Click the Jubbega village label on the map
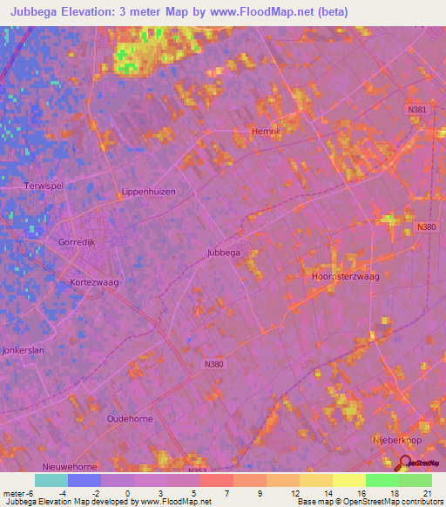[223, 253]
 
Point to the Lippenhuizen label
[148, 192]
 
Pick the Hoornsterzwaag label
[345, 275]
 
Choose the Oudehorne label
[129, 419]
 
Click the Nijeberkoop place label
[397, 441]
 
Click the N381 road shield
[418, 109]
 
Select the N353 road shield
[198, 471]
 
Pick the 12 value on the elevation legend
[296, 492]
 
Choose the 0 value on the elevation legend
[127, 492]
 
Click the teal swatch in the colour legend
[51, 480]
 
